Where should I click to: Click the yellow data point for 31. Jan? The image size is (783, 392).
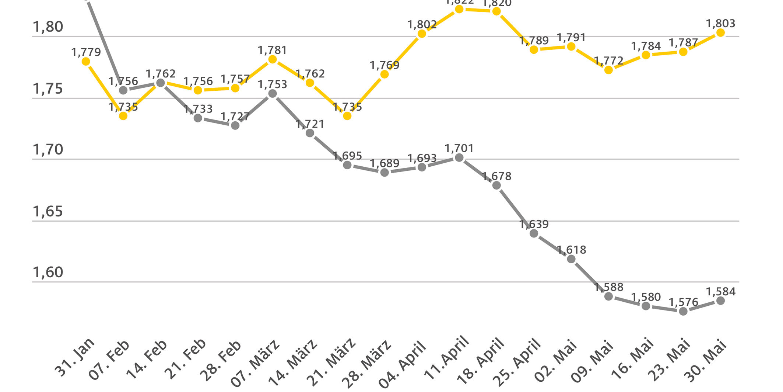(86, 61)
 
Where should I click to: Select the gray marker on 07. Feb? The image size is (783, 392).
(123, 90)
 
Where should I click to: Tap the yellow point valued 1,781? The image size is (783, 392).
(273, 59)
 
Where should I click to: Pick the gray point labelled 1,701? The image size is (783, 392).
(459, 158)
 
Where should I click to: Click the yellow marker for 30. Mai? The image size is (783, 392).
(721, 33)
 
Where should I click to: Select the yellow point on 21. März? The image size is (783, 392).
(347, 116)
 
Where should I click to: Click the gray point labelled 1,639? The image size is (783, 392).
(534, 233)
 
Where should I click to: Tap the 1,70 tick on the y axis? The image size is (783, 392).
(48, 150)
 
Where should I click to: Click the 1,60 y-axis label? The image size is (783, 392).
(48, 273)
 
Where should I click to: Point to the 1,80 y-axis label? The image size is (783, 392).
(48, 27)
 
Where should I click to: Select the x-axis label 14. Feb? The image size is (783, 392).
(147, 360)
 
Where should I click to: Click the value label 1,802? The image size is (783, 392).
(422, 25)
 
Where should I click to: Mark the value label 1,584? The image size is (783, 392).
(721, 292)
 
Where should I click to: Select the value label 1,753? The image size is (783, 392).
(273, 85)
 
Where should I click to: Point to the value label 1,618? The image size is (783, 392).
(571, 250)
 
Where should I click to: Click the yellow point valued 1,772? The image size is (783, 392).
(609, 70)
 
